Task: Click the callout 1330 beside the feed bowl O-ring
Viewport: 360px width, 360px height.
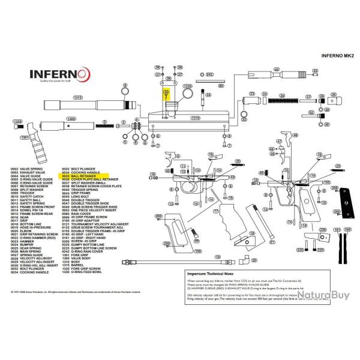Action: pyautogui.click(x=188, y=86)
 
